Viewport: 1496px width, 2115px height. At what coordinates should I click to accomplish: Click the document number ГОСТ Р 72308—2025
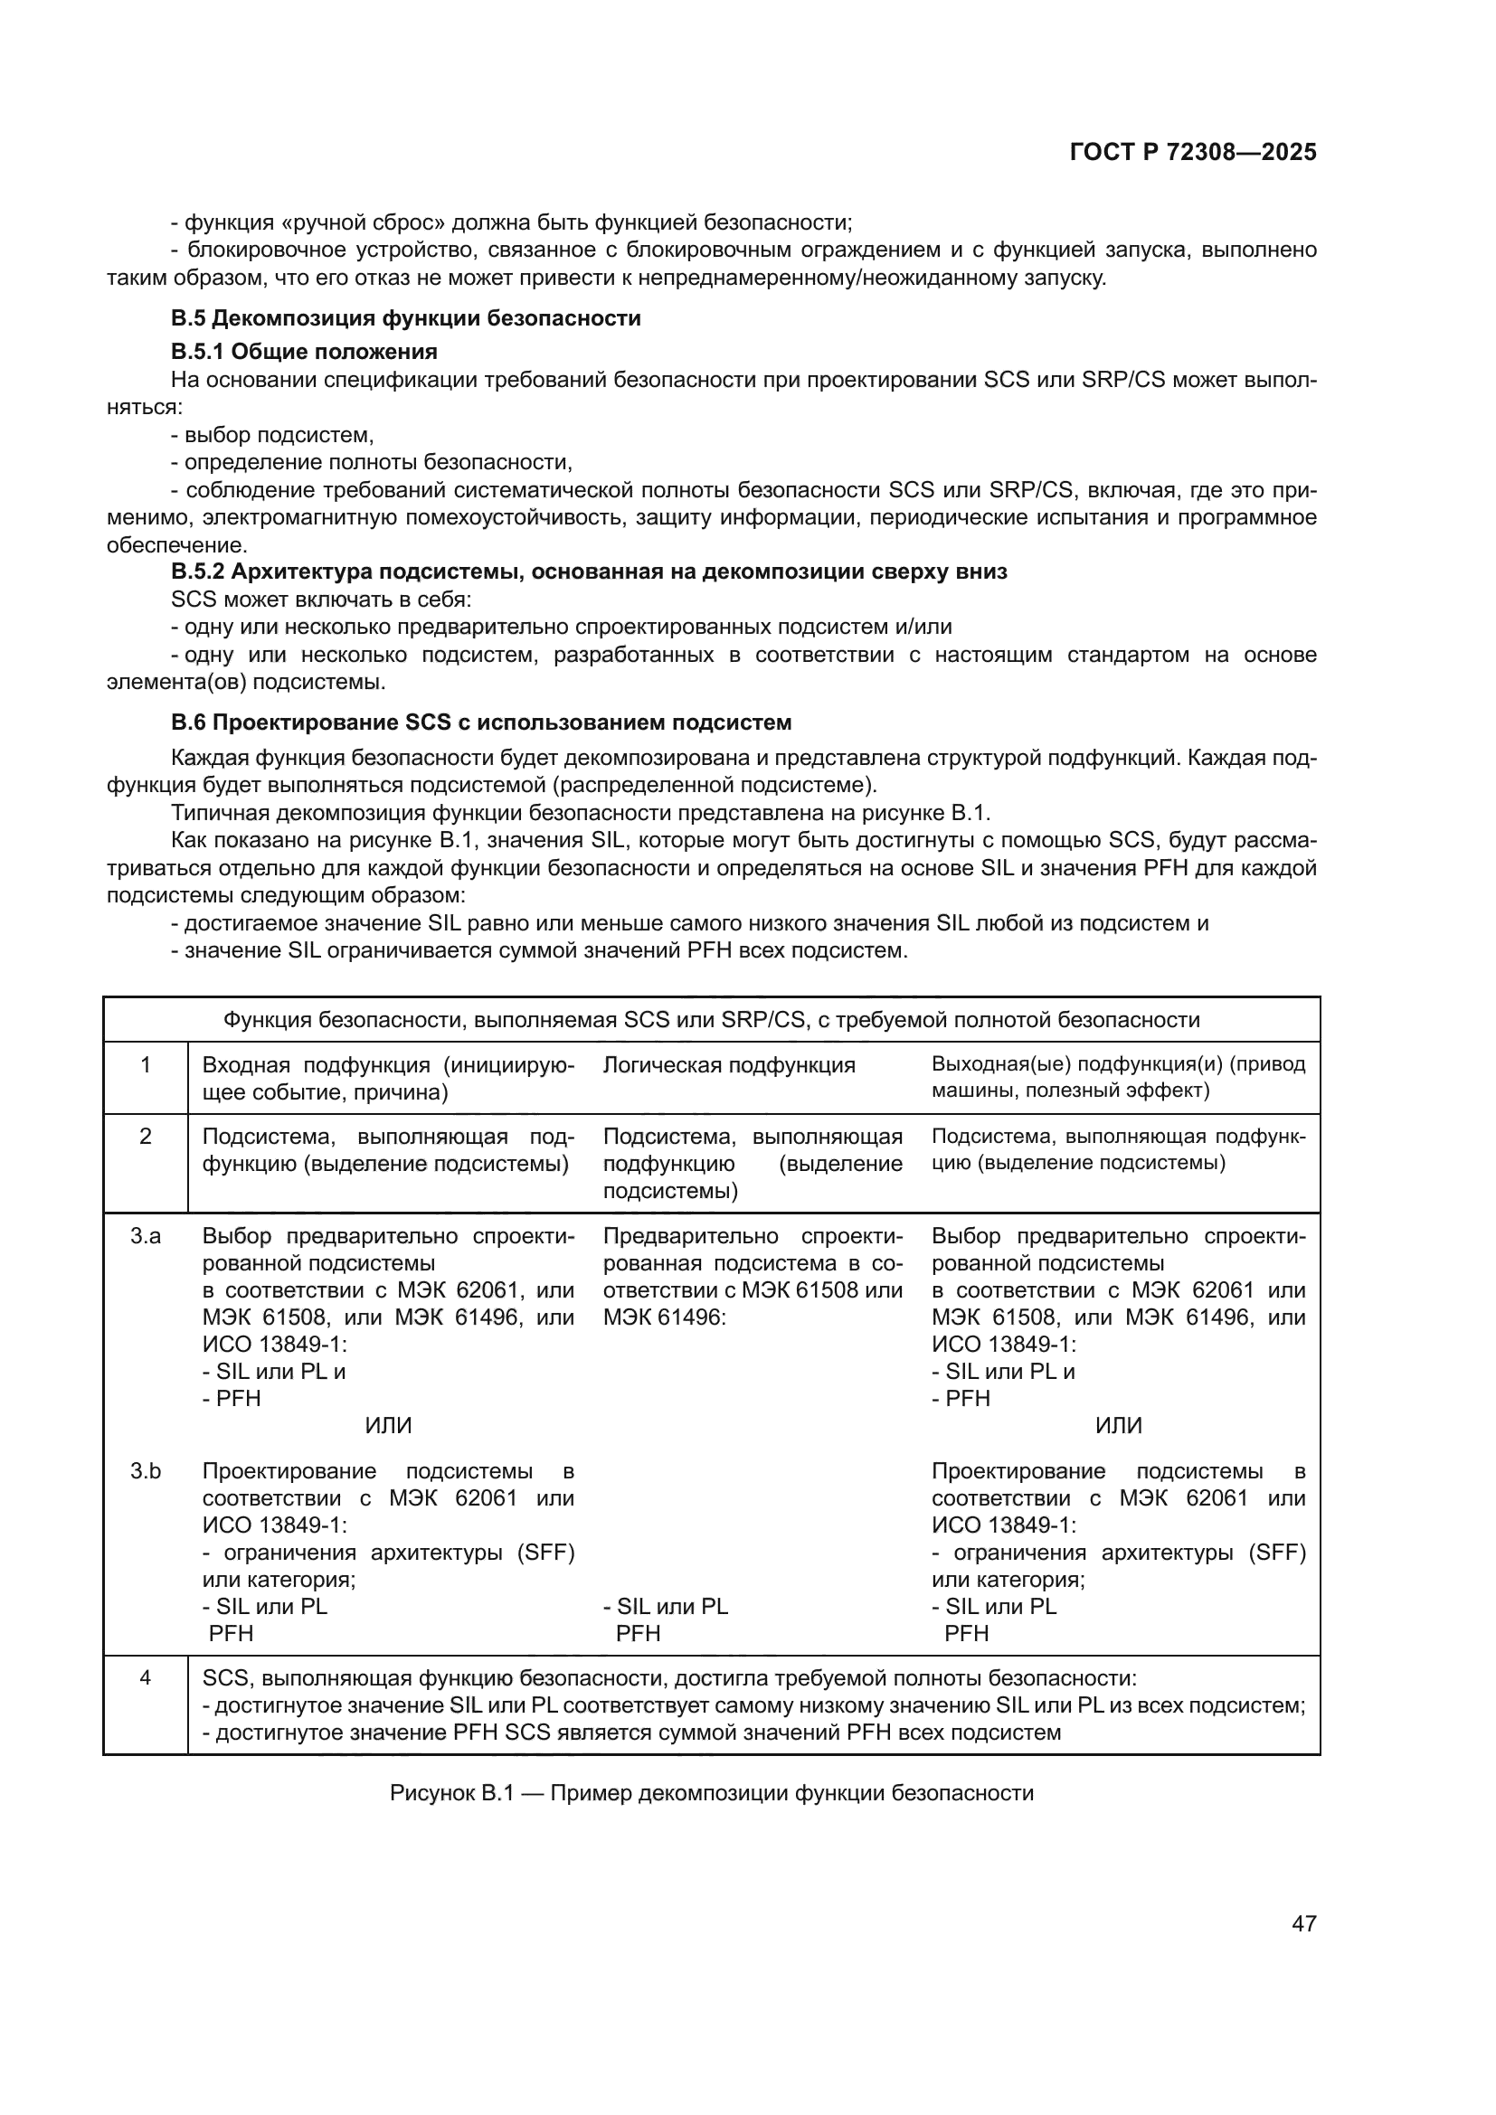click(x=1193, y=153)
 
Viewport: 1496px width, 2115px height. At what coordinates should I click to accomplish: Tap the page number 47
click(x=1303, y=1923)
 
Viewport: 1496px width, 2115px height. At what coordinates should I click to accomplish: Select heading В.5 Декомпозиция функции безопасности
click(x=405, y=318)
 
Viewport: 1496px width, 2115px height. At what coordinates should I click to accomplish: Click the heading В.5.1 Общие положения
click(x=304, y=351)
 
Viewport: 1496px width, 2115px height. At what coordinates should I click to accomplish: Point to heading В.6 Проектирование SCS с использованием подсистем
click(x=481, y=722)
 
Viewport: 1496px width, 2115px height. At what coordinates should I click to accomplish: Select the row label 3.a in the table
click(x=146, y=1236)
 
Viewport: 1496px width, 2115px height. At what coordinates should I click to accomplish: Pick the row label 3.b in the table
click(x=146, y=1471)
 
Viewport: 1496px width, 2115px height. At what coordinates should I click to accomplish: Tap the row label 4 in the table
click(x=146, y=1677)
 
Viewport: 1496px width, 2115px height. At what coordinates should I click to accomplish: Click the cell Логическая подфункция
click(x=729, y=1066)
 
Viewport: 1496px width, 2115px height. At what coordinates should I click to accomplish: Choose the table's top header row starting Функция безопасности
click(x=711, y=1020)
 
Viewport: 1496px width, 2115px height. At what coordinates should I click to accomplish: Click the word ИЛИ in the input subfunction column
click(x=388, y=1426)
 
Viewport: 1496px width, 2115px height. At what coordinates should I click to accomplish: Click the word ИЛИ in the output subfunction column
click(x=1118, y=1426)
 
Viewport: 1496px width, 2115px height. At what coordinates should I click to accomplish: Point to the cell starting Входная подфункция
click(x=388, y=1079)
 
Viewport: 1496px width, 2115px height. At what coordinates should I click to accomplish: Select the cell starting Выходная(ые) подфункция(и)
click(x=1118, y=1078)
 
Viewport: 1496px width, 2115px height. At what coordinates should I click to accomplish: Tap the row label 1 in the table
click(x=146, y=1066)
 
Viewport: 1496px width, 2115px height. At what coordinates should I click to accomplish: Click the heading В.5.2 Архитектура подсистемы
click(x=589, y=571)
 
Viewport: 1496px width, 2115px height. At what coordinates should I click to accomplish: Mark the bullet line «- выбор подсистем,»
click(x=272, y=435)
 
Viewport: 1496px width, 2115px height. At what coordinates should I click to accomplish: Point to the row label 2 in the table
click(x=146, y=1137)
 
